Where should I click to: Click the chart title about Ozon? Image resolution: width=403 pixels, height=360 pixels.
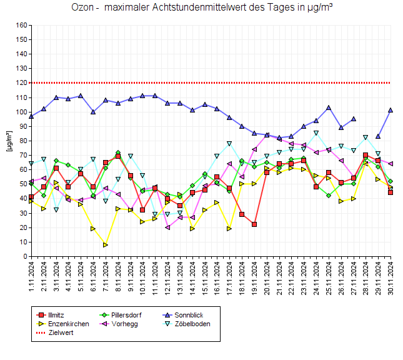[201, 8]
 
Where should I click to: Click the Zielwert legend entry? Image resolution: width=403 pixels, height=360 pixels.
[60, 333]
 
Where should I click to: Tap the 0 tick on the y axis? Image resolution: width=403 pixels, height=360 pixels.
[26, 256]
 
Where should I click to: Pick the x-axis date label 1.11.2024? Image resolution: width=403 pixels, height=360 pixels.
[31, 275]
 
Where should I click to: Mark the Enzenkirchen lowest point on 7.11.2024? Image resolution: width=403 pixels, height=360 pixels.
[106, 245]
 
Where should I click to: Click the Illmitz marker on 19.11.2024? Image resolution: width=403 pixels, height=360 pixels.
[254, 224]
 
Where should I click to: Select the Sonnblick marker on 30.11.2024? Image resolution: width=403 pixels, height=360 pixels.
[391, 110]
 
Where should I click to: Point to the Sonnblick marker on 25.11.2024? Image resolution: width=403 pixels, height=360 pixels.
[329, 107]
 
